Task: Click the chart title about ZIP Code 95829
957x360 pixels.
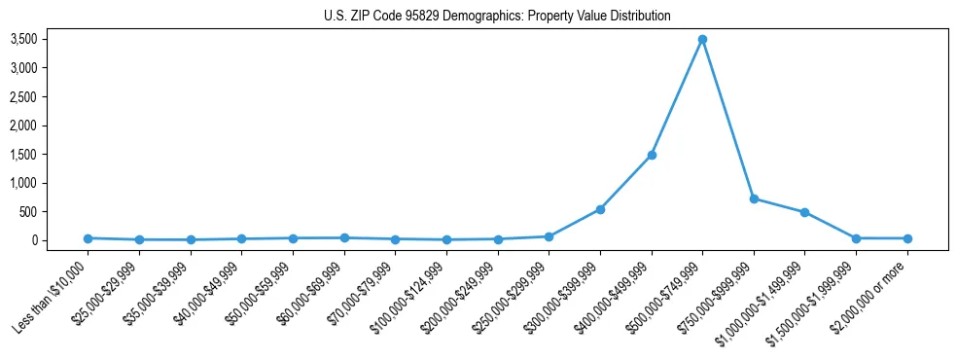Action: (497, 17)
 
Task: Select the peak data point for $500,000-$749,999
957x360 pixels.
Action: (702, 40)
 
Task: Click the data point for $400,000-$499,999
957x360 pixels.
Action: (652, 155)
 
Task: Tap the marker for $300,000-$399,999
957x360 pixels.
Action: (600, 209)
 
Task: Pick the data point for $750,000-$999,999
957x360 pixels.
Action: (754, 198)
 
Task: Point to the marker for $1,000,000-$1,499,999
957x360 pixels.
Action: (804, 212)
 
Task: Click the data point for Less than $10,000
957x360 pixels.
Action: (88, 238)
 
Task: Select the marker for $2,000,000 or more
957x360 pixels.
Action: (907, 238)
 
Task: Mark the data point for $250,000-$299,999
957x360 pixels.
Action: (549, 236)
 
